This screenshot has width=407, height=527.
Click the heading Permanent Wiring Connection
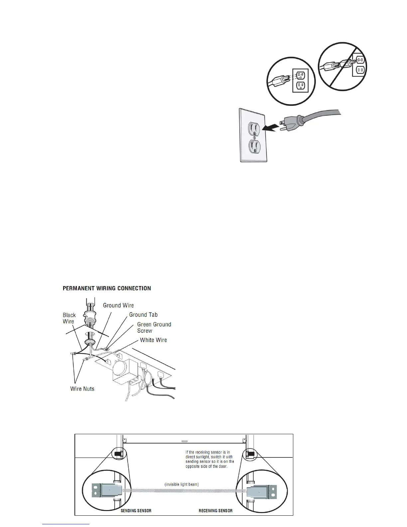[x=107, y=288]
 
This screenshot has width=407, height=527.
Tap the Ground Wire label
[x=118, y=305]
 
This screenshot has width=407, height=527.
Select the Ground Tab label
[x=143, y=315]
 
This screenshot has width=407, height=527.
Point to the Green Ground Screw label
[x=154, y=327]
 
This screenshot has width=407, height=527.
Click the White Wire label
[x=153, y=340]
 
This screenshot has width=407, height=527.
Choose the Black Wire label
[x=69, y=318]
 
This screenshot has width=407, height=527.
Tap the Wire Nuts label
[x=82, y=389]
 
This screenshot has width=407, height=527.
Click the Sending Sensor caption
[x=136, y=511]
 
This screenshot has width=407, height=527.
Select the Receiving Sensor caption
[x=215, y=511]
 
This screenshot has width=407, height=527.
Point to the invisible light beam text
[x=182, y=484]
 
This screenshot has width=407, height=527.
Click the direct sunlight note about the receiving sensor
[x=209, y=459]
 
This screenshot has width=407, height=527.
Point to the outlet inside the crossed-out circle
[x=359, y=65]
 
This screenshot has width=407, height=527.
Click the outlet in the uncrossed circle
[x=300, y=80]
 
